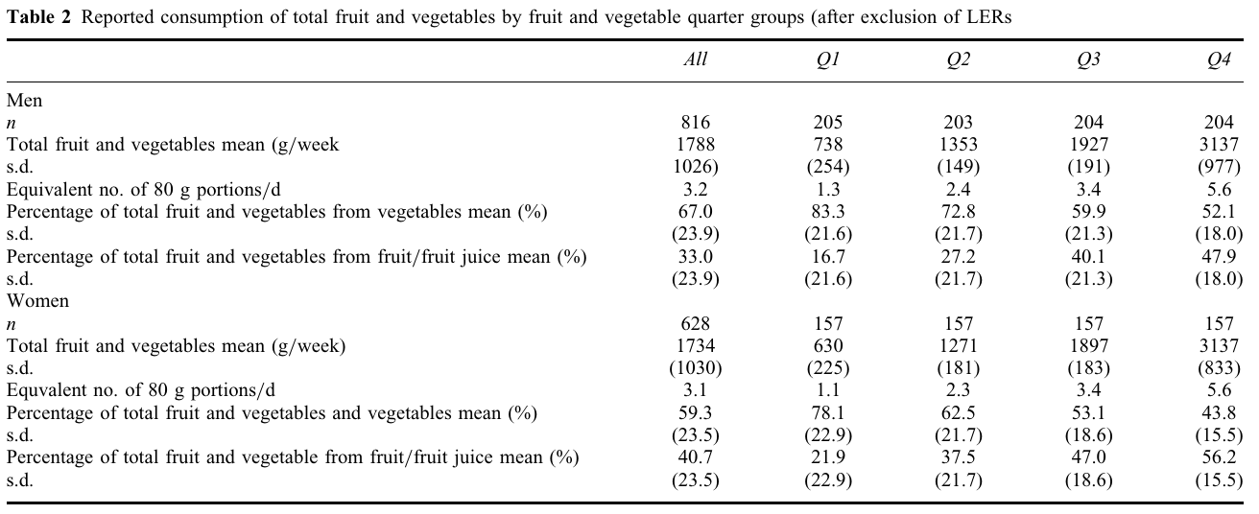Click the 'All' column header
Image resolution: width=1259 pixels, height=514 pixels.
click(x=696, y=59)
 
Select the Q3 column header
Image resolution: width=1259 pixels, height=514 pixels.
click(x=1088, y=59)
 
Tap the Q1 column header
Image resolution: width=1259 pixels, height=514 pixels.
click(x=827, y=59)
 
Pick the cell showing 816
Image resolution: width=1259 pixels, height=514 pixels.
click(x=696, y=123)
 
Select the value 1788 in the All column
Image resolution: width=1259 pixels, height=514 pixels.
click(x=696, y=145)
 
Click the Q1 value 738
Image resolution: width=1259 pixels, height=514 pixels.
click(x=827, y=145)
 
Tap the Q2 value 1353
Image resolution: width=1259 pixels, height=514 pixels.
click(x=958, y=145)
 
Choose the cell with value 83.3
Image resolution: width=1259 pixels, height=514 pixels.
click(x=827, y=212)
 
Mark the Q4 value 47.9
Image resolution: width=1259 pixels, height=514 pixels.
click(x=1219, y=257)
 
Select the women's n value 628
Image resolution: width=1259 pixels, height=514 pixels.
click(x=696, y=324)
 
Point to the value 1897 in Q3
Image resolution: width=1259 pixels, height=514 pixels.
click(x=1088, y=346)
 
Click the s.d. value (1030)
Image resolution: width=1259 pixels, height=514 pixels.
click(x=696, y=369)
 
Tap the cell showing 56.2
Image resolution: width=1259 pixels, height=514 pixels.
click(x=1219, y=458)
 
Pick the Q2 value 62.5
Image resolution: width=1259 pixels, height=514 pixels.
click(x=958, y=413)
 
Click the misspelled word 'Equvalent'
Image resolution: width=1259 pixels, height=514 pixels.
click(x=45, y=391)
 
